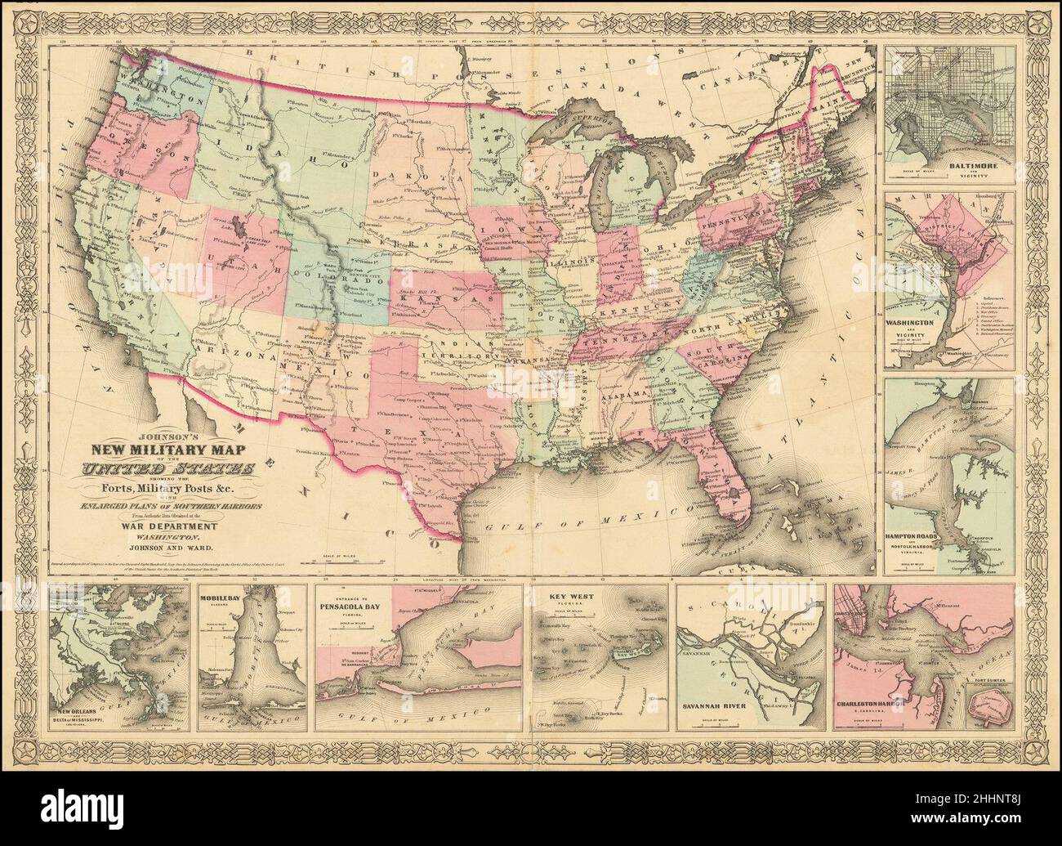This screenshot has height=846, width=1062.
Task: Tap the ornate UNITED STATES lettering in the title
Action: (x=166, y=469)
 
